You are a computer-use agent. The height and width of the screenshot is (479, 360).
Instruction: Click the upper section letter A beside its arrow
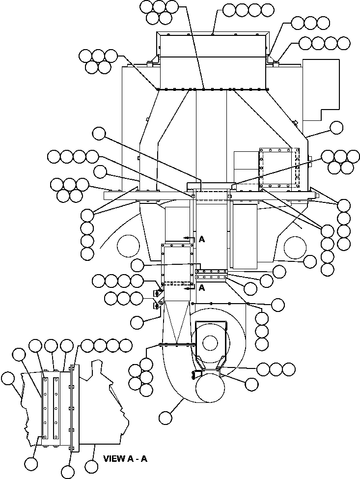201,239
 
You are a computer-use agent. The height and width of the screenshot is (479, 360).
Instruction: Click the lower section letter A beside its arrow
201,288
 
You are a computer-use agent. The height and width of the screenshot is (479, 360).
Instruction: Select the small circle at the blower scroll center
210,342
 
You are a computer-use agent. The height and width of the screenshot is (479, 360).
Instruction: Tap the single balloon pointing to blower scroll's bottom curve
166,418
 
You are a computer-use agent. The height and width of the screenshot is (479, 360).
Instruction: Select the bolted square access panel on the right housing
278,168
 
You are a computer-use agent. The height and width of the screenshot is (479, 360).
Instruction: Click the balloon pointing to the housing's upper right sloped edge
336,128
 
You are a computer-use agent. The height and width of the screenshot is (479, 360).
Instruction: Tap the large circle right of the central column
295,245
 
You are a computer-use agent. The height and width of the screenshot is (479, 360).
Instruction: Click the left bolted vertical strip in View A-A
45,408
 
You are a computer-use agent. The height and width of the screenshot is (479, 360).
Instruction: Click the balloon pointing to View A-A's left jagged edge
7,378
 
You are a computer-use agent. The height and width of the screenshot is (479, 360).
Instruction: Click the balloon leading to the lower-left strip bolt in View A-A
31,463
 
